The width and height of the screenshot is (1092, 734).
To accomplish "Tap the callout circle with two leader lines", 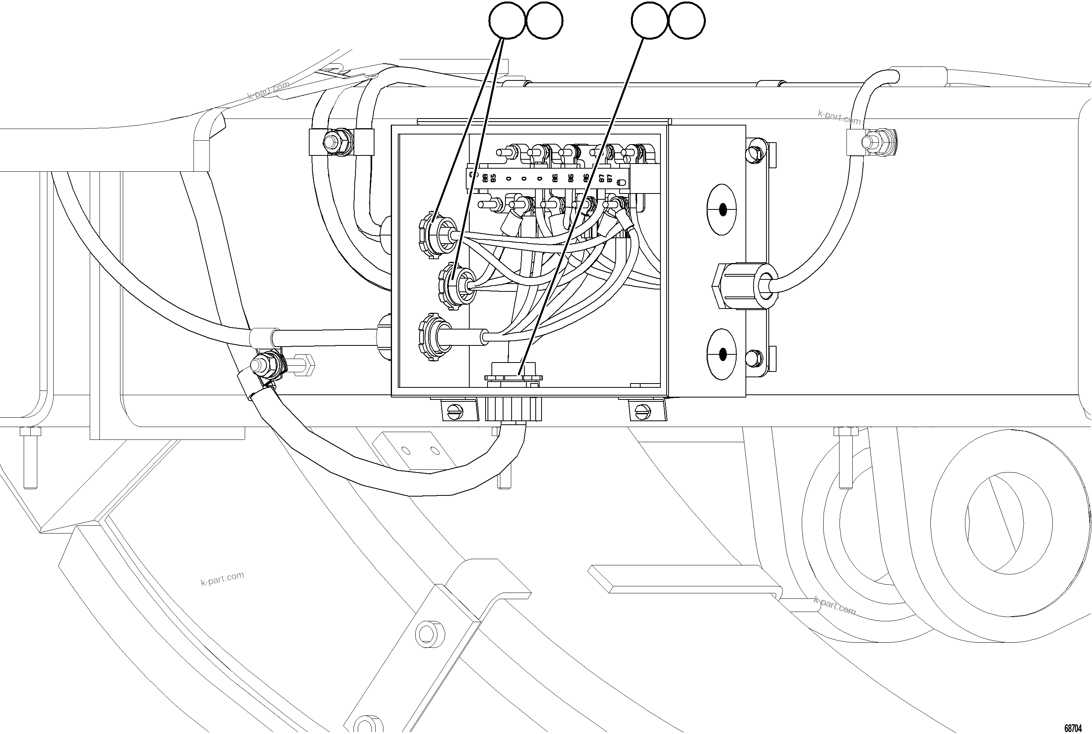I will tap(507, 21).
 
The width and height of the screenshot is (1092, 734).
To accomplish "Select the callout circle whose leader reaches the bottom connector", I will tap(649, 21).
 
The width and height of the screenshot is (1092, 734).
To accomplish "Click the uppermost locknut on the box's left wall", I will tap(432, 234).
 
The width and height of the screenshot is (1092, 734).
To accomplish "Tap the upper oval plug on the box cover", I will tap(721, 209).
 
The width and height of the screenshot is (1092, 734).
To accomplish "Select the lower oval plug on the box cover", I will tap(721, 354).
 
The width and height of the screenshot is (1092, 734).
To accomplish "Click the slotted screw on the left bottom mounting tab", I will tap(456, 411).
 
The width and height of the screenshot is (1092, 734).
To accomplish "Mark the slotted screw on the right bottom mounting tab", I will tap(643, 411).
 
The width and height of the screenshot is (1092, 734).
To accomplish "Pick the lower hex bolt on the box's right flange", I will tap(754, 359).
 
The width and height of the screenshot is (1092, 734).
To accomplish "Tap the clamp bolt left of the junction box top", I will tap(334, 140).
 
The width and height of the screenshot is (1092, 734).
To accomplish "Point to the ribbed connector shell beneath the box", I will tap(513, 409).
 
